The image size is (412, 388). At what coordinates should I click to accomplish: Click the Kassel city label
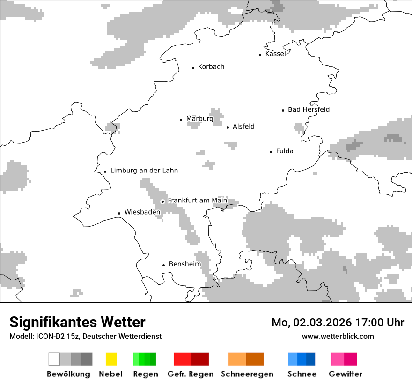[275, 54]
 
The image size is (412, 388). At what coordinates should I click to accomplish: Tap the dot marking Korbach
[193, 68]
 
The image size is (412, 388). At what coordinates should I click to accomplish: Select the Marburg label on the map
[199, 119]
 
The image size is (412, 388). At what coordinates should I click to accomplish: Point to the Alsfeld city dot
[228, 127]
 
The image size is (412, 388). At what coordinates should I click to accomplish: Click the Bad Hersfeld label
[309, 109]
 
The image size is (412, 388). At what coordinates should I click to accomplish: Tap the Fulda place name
[285, 151]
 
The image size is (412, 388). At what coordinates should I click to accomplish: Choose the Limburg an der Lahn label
[144, 171]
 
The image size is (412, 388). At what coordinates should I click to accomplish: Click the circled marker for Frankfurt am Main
[163, 201]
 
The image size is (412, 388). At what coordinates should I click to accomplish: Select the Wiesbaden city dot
[119, 213]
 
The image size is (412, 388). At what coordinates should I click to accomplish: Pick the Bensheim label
[184, 264]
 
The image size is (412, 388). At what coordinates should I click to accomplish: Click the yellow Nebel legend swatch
[111, 359]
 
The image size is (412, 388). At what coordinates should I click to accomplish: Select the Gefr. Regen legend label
[191, 374]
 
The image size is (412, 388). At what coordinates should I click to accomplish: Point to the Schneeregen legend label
[247, 374]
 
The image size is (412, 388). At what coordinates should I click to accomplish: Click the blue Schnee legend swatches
[302, 359]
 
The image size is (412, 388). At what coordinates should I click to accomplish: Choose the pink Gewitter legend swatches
[344, 359]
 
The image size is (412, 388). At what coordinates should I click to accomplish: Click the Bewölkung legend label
[68, 374]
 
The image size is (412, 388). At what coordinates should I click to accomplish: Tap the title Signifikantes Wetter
[77, 323]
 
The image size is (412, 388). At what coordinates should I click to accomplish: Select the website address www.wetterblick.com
[338, 336]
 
